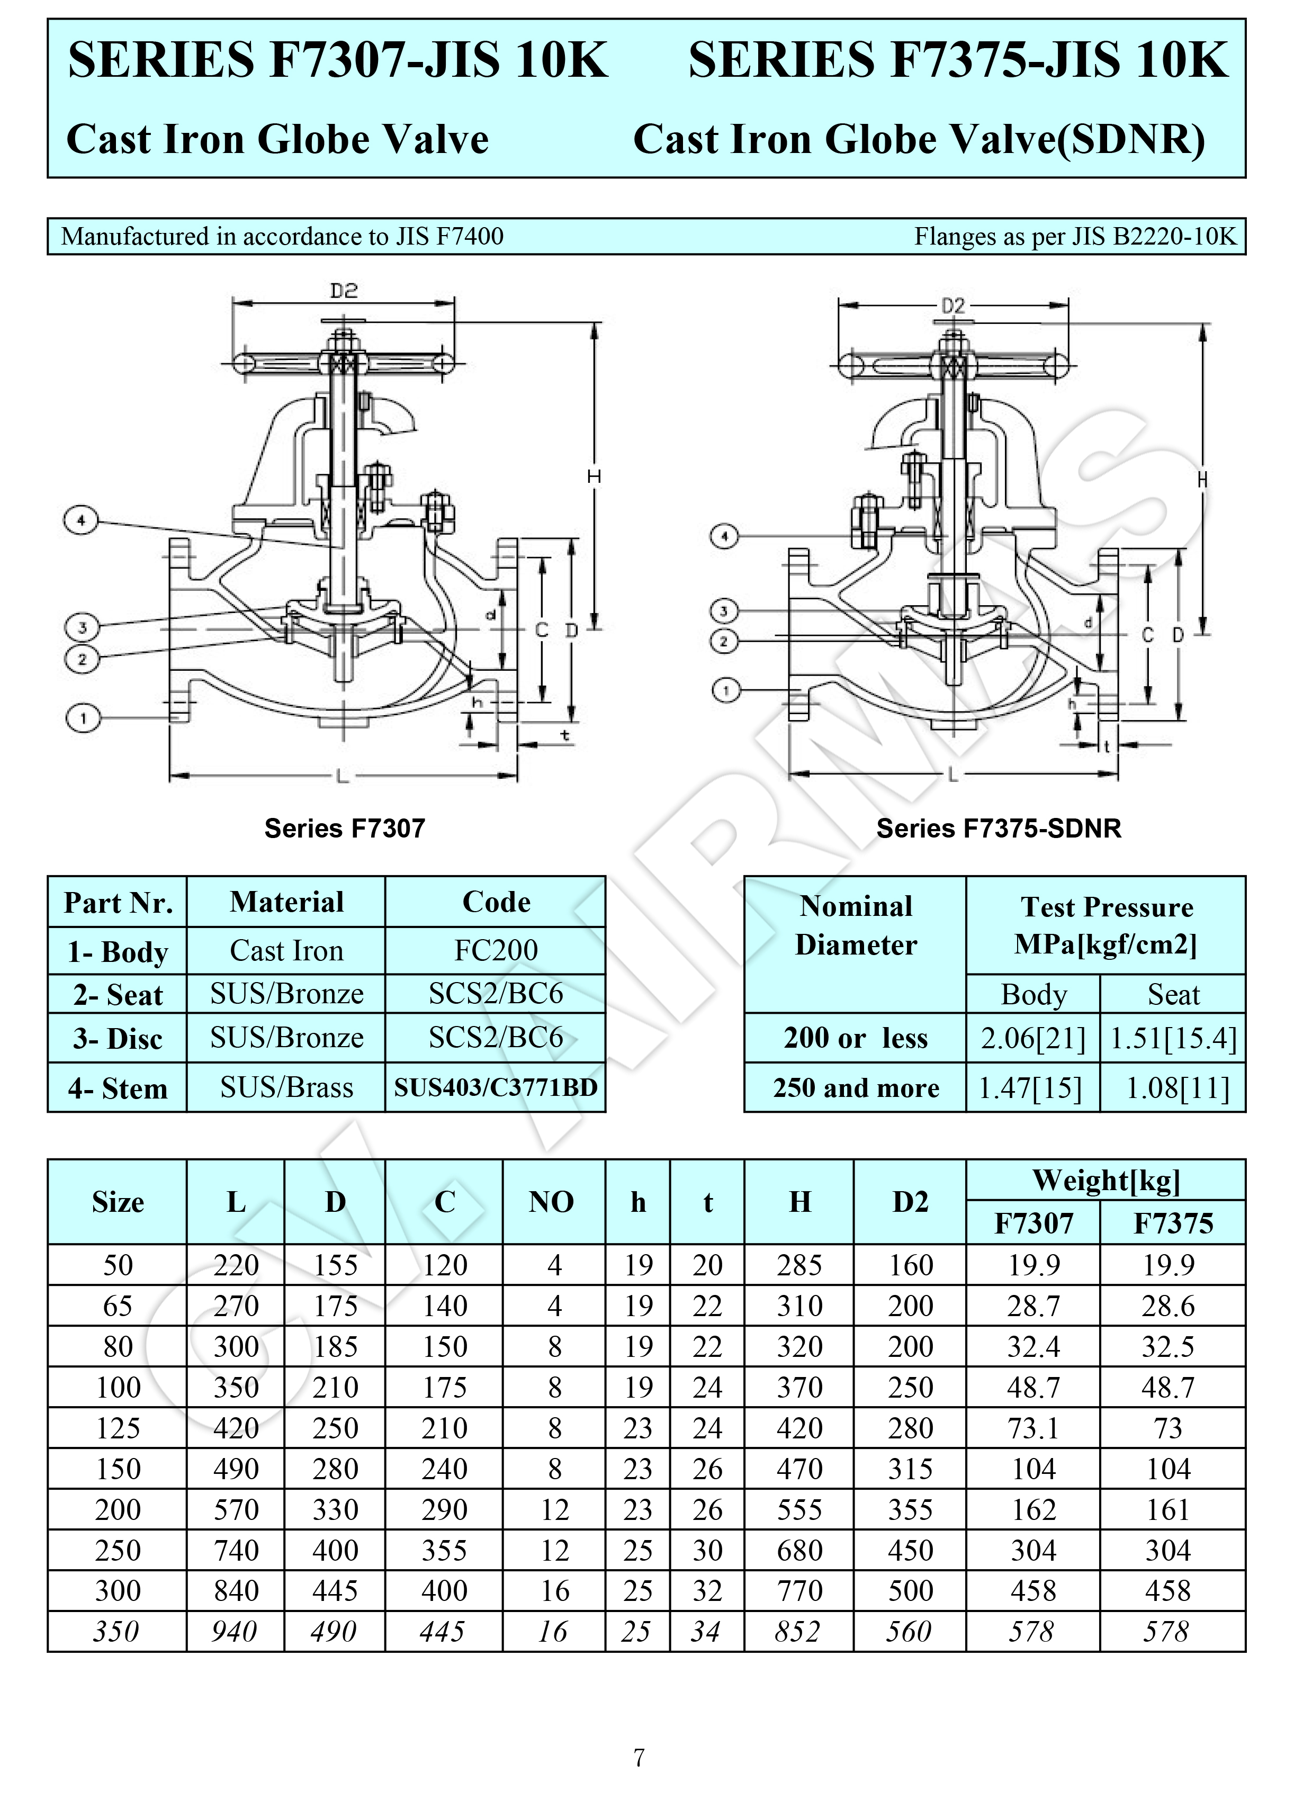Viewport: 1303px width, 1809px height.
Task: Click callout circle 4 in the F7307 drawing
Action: (x=80, y=521)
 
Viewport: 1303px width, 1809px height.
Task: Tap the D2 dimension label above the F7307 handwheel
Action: (x=344, y=291)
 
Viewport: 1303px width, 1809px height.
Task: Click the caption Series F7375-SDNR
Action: (x=998, y=829)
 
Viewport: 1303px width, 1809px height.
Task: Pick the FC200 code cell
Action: (x=496, y=950)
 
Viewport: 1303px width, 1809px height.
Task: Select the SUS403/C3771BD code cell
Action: (x=496, y=1087)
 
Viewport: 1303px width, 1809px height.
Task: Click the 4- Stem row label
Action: (x=118, y=1088)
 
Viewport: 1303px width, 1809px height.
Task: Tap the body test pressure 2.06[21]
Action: (x=1034, y=1039)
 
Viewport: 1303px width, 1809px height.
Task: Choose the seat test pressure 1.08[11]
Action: (x=1173, y=1088)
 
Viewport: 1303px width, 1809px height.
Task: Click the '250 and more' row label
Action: (x=856, y=1088)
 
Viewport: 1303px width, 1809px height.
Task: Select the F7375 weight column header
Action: (x=1173, y=1223)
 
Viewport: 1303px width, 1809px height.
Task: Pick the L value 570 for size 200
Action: (x=236, y=1509)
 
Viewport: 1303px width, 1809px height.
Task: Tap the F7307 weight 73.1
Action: (x=1034, y=1428)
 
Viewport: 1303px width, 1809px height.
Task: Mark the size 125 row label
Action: (x=118, y=1428)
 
